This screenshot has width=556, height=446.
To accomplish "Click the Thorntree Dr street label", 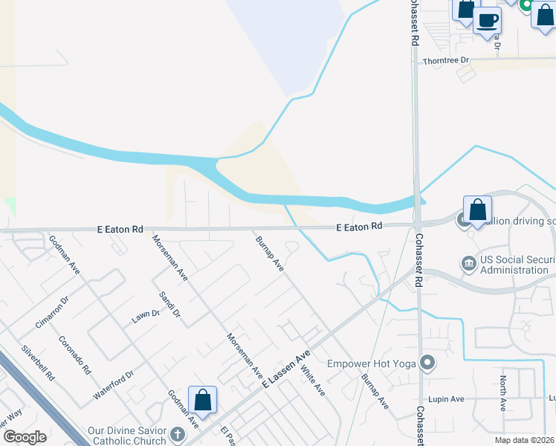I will click(x=446, y=60).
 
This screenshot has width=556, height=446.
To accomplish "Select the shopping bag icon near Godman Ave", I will click(x=201, y=400).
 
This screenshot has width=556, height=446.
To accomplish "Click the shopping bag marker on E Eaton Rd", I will click(x=477, y=209).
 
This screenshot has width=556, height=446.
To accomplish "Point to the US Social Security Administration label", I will click(x=514, y=265).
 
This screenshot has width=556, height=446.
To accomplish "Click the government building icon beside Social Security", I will click(x=469, y=263).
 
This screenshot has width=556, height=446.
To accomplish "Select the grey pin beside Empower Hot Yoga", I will click(x=427, y=363).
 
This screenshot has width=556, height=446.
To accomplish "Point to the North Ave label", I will click(x=503, y=394).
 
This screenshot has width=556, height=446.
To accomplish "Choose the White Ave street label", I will click(x=312, y=378).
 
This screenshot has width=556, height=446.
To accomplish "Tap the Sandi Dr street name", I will click(x=169, y=305).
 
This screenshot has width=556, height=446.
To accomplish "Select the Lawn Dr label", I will click(x=146, y=314).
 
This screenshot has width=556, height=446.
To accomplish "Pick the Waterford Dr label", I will click(x=113, y=386).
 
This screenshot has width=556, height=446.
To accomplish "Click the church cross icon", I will click(x=177, y=433).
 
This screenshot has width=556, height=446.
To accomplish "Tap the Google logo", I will click(x=25, y=436).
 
